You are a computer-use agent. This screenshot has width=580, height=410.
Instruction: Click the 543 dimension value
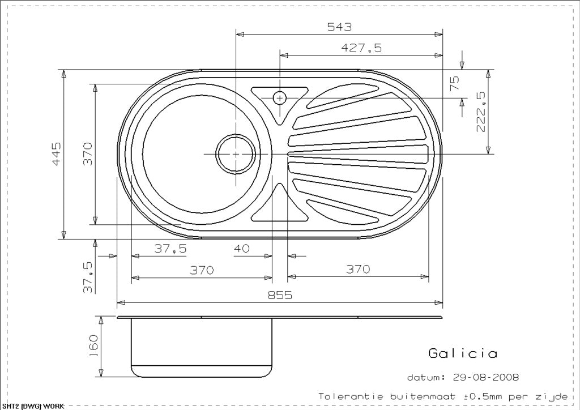coord(339,27)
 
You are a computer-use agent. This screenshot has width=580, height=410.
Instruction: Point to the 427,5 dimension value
coord(361,48)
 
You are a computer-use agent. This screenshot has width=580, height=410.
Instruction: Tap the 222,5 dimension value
coord(482,112)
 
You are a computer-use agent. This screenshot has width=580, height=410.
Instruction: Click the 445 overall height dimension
coord(56,154)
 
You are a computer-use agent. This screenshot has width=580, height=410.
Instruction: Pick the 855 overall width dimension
coord(280,294)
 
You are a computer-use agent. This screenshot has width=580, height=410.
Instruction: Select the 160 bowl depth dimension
coord(93,346)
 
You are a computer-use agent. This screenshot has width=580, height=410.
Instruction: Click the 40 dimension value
coord(241,248)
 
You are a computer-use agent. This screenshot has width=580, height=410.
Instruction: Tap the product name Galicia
coord(463,353)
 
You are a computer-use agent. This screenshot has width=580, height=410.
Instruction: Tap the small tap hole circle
coord(279,98)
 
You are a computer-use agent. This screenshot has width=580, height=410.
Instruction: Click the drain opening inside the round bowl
coord(234,153)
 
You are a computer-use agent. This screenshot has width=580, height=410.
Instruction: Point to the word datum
coord(426,377)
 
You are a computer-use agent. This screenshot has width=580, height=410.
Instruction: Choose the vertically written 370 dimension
coord(88,154)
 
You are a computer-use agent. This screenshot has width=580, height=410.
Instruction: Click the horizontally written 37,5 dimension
coord(170,248)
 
